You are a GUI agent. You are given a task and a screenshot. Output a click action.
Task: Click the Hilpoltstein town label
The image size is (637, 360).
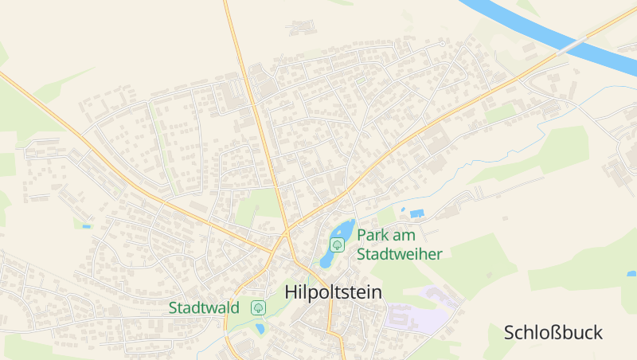coord(333,292)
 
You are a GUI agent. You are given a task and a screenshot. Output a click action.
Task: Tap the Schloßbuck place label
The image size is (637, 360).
coord(553,333)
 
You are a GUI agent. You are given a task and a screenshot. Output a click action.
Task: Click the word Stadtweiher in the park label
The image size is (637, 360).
coord(399,254)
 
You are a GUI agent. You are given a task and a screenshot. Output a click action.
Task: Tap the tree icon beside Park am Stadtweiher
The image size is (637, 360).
coord(337,245)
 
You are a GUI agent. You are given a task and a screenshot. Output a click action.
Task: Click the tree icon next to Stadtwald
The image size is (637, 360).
coord(258,307)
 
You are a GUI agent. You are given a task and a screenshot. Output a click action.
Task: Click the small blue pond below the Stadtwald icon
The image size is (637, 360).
coord(260,327)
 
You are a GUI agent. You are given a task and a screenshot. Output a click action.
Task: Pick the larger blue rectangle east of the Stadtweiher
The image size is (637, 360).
coord(417,213)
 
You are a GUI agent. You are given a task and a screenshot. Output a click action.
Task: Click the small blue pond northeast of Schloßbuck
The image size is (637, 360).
coord(631,274)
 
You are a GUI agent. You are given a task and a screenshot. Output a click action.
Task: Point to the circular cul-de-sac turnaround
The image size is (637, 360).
coord(442,43)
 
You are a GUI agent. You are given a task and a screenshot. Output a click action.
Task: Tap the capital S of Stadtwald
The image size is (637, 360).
coord(173,307)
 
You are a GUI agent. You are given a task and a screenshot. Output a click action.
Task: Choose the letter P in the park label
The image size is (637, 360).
coord(361,235)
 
